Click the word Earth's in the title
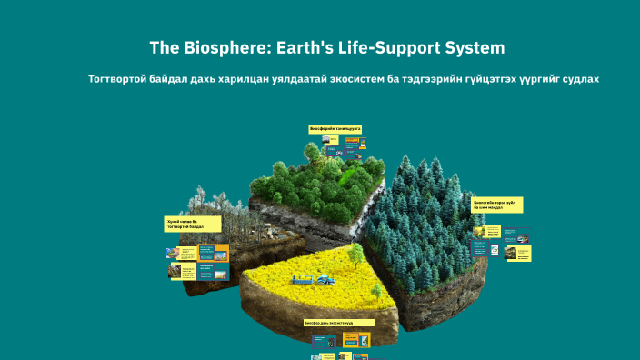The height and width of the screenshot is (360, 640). (295, 47)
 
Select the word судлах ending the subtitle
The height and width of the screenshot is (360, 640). (579, 79)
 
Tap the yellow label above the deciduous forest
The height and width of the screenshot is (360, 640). (335, 130)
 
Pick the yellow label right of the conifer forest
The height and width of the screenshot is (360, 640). (497, 205)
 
